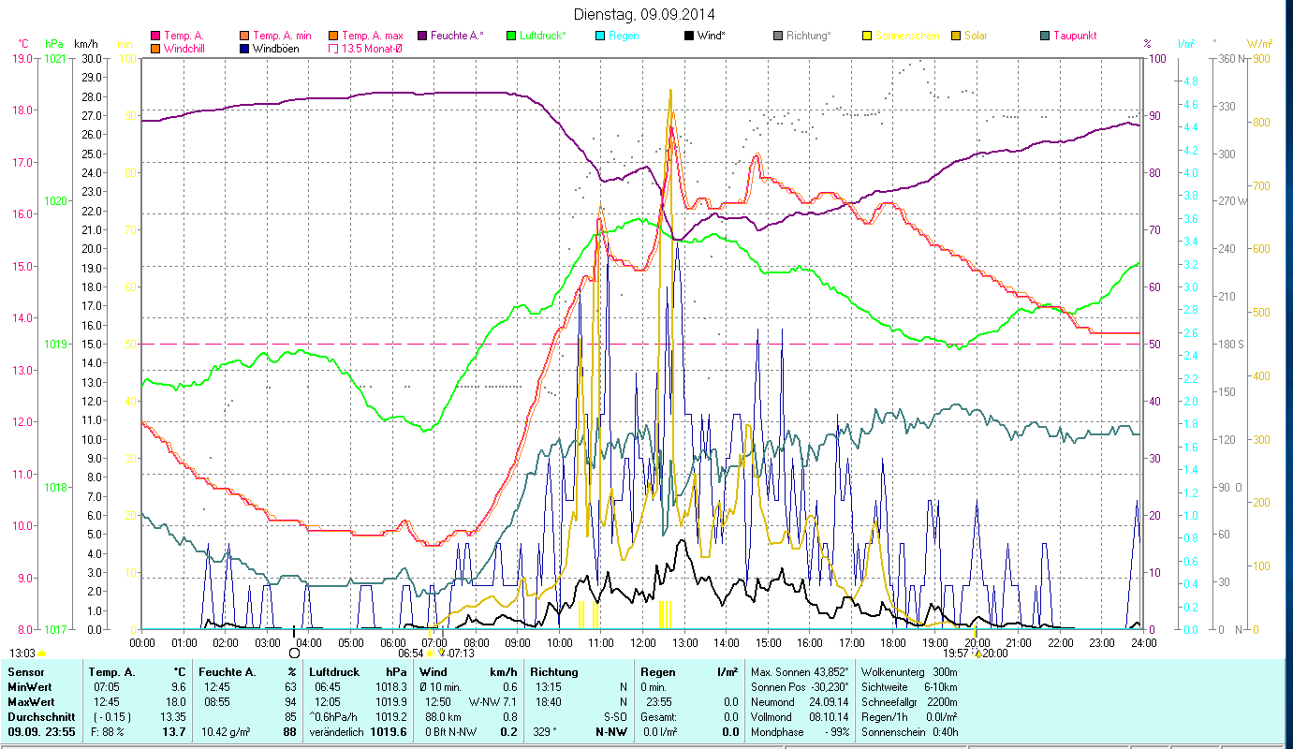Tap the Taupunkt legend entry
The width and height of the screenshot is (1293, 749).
1074,36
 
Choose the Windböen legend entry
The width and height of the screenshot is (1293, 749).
275,49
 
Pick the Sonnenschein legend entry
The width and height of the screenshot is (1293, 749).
906,36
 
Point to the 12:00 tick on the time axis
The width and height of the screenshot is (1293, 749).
642,642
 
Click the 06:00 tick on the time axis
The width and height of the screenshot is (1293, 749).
392,642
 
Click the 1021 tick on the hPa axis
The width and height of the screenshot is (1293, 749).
55,58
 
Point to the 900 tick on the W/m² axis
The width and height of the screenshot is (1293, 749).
1260,58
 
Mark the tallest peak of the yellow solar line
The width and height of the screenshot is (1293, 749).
670,91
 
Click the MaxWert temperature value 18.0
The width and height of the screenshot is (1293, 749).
177,701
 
